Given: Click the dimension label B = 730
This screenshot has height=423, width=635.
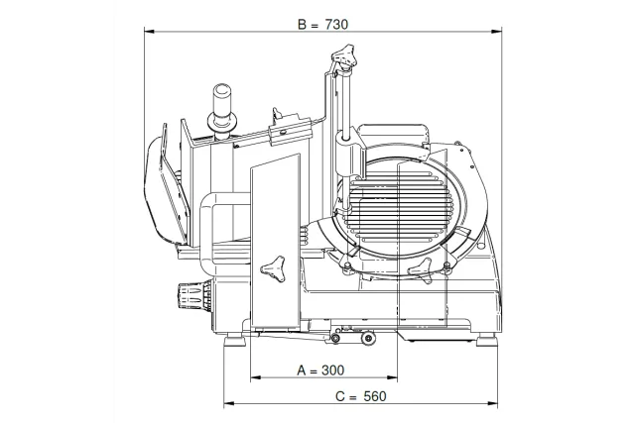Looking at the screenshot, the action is point(322,25).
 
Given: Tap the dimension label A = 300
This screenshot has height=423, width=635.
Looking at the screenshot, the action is point(320,370).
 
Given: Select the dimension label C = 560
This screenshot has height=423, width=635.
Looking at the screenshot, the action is point(361,396).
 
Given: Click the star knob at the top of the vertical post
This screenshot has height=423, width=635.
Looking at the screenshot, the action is point(344,55).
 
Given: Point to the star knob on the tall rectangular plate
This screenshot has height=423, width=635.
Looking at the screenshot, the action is point(273,268).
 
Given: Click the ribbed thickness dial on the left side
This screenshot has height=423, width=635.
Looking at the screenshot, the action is point(194,294).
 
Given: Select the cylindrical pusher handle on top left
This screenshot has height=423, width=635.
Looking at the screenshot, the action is point(221,109).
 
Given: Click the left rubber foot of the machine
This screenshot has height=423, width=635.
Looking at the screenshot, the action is point(235,339).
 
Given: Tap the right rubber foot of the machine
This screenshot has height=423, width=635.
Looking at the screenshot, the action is point(486,339).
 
